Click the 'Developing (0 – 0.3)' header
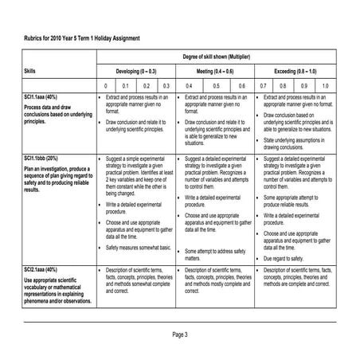(x=136, y=71)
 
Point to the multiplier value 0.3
(x=165, y=84)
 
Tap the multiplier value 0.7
(x=263, y=84)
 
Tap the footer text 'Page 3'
(x=179, y=334)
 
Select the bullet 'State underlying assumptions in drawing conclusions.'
(x=295, y=143)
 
